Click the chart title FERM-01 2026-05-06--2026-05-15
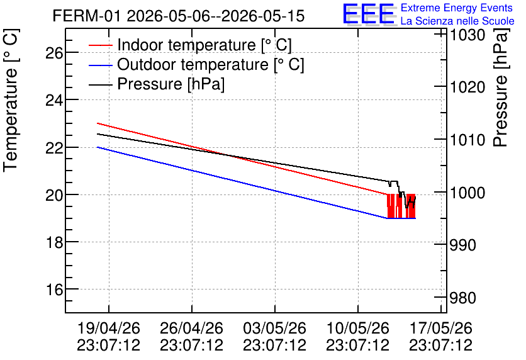tap(179, 16)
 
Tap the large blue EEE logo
tap(368, 14)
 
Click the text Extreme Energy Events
tap(457, 8)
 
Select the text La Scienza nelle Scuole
tap(457, 21)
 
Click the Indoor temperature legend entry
tap(190, 45)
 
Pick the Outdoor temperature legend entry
tap(196, 64)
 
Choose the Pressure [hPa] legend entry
tap(157, 84)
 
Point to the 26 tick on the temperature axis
tap(54, 53)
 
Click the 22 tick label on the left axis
tap(54, 147)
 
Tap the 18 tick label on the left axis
tap(54, 242)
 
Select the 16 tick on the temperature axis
tap(54, 290)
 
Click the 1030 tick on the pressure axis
tap(467, 35)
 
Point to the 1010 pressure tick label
tap(467, 140)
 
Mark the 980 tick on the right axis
tap(462, 298)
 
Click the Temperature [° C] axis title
tap(11, 100)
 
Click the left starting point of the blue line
tap(98, 147)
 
